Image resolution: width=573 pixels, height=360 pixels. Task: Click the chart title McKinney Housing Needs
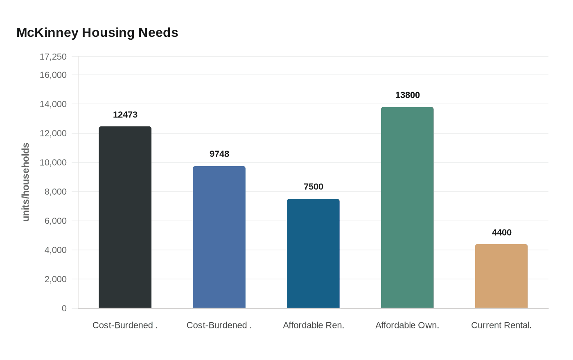point(97,33)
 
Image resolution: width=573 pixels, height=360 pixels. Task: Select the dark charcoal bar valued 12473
point(125,217)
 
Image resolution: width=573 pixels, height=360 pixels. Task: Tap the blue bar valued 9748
point(219,237)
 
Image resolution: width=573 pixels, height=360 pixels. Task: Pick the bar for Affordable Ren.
point(313,254)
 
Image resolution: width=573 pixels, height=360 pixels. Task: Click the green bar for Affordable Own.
point(407,207)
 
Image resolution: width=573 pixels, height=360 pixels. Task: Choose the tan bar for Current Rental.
point(501,276)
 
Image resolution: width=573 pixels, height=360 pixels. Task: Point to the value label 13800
point(408,95)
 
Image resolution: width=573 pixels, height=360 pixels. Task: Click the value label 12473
point(125,115)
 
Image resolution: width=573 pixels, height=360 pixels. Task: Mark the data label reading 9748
point(219,154)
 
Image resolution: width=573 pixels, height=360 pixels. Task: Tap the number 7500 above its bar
point(314,187)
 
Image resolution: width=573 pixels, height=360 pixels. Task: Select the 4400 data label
point(502,233)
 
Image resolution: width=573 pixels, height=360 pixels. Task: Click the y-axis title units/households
point(26,182)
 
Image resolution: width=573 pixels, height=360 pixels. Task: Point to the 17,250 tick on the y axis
point(53,57)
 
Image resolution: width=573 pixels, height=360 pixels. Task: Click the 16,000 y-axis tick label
point(53,75)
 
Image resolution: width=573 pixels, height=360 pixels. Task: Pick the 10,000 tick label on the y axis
point(53,163)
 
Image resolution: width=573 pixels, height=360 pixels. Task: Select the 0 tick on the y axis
point(64,308)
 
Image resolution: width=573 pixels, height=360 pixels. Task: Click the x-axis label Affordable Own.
point(407,326)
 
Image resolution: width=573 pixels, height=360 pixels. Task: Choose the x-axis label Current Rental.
point(501,326)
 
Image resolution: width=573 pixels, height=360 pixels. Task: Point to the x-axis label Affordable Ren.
point(314,326)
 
